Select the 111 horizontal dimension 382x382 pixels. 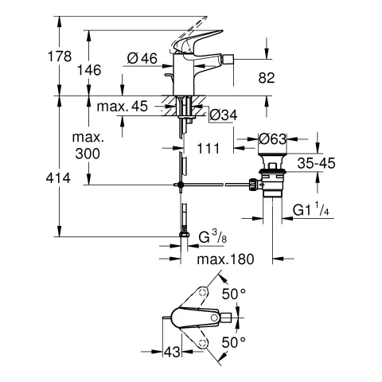tap(209, 147)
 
